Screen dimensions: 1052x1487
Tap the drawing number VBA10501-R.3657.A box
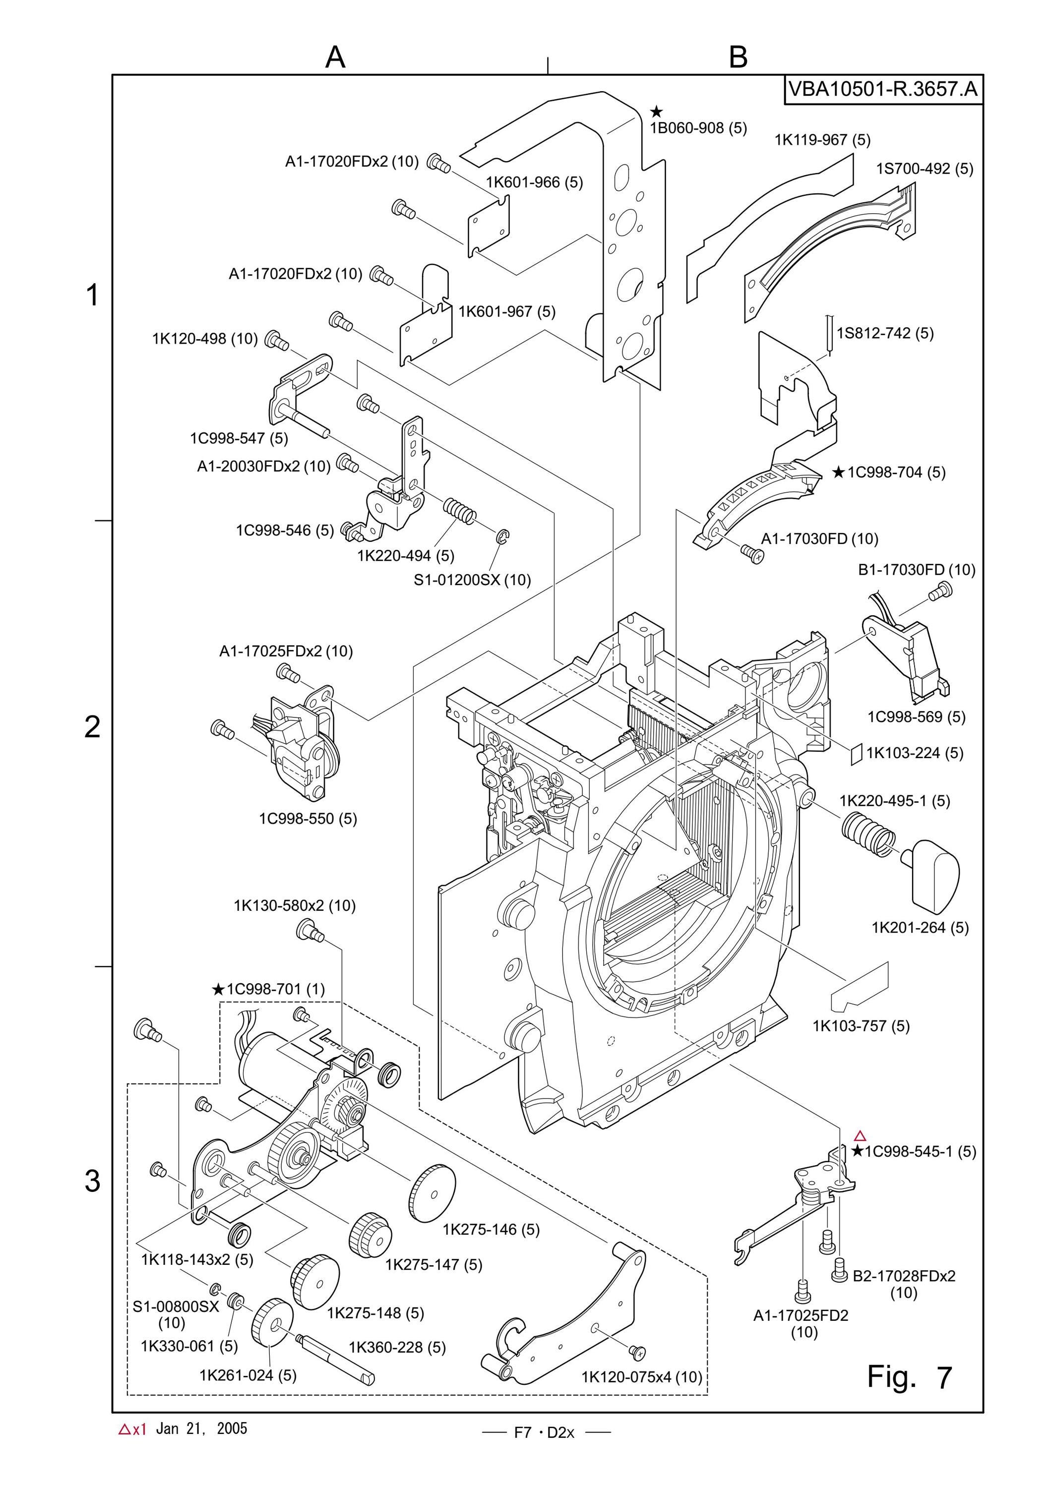click(883, 89)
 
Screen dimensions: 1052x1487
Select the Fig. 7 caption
click(910, 1376)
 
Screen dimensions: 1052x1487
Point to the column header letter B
click(739, 57)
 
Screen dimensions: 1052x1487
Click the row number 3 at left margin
click(93, 1181)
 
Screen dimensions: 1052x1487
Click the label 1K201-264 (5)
click(920, 927)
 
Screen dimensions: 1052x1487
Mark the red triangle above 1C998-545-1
click(860, 1135)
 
